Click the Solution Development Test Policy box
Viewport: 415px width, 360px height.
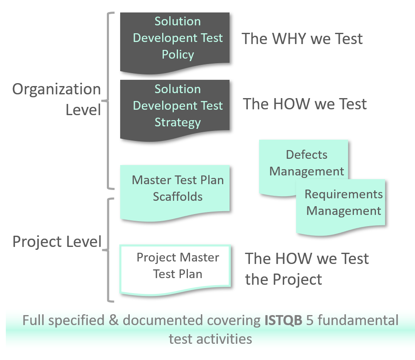tap(175, 42)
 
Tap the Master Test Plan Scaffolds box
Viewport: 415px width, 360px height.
tap(175, 191)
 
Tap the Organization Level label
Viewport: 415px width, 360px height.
tap(57, 99)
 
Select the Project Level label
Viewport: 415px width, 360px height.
tap(57, 242)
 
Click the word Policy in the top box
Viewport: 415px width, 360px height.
tap(178, 55)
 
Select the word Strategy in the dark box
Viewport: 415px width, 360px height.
tap(178, 123)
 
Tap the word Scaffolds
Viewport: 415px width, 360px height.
tap(178, 196)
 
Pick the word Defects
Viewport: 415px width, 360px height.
tap(306, 155)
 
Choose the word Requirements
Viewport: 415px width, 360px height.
tap(343, 194)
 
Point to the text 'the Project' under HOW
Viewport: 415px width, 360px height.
tap(284, 279)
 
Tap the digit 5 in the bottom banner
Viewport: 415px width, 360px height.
tap(309, 321)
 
